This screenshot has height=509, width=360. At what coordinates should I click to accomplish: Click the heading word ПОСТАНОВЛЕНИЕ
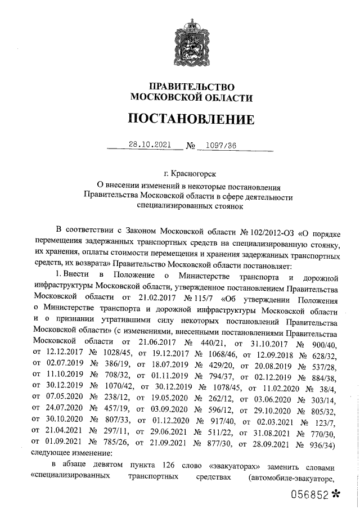coord(191,119)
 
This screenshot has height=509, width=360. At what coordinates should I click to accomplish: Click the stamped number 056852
coord(309,494)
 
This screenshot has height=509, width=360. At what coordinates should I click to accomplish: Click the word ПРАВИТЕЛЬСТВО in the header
coord(191,87)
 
